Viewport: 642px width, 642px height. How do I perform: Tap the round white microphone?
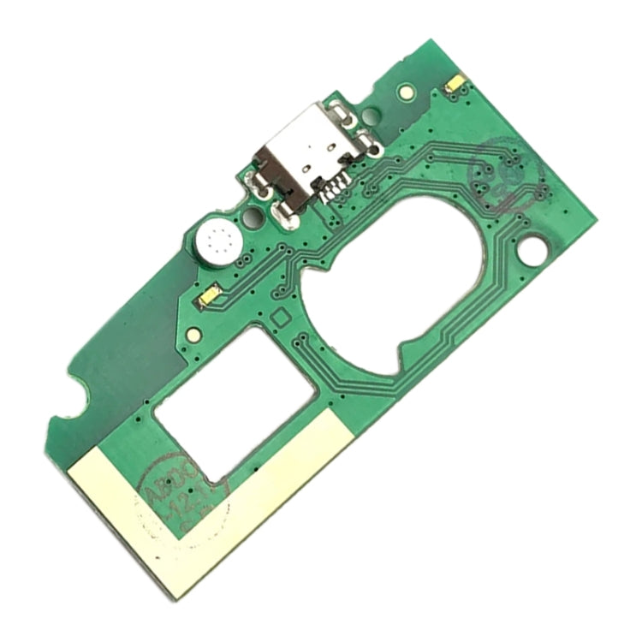217,242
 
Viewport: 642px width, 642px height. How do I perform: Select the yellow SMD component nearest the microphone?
209,296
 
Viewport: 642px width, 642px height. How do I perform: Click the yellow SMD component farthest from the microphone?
455,83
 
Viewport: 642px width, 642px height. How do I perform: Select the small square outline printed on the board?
279,316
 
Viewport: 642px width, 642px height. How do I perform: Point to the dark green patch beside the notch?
120,360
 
